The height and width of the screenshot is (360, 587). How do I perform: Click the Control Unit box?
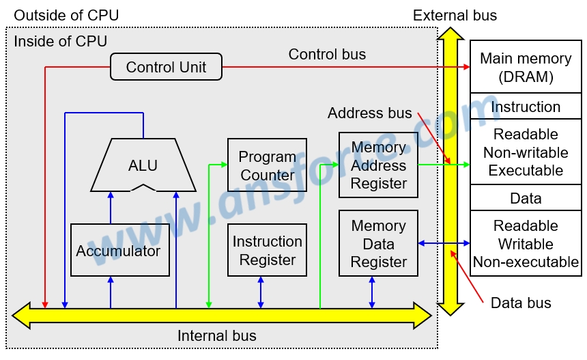coord(166,67)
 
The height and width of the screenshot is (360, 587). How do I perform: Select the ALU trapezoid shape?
coord(143,165)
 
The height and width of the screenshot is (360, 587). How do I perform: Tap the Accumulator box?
coord(119,250)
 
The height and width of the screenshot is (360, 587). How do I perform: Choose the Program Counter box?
coord(267,165)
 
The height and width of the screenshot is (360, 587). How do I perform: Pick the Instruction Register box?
coord(267,250)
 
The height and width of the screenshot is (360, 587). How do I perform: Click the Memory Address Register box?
coord(378,165)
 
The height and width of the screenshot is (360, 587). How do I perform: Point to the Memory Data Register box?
coord(378,244)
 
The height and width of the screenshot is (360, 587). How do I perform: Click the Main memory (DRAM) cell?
coord(526,67)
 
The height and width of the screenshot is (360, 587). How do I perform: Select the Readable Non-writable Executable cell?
coord(526,152)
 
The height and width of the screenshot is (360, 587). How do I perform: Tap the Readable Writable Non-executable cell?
coord(526,244)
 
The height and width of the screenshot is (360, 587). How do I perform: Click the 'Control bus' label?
coord(327,54)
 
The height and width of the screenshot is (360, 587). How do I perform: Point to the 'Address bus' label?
coord(369,113)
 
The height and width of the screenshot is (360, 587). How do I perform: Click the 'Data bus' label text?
coord(521,303)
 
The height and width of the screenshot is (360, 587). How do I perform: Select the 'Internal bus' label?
coord(217,335)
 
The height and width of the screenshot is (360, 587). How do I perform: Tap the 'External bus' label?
coord(455,15)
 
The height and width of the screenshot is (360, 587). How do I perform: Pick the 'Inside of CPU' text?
coord(60,41)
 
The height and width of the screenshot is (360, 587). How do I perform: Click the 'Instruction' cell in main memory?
coord(526,107)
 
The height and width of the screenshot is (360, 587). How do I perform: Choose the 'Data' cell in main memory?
coord(526,198)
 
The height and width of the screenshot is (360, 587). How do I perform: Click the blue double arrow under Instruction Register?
coord(261,292)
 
